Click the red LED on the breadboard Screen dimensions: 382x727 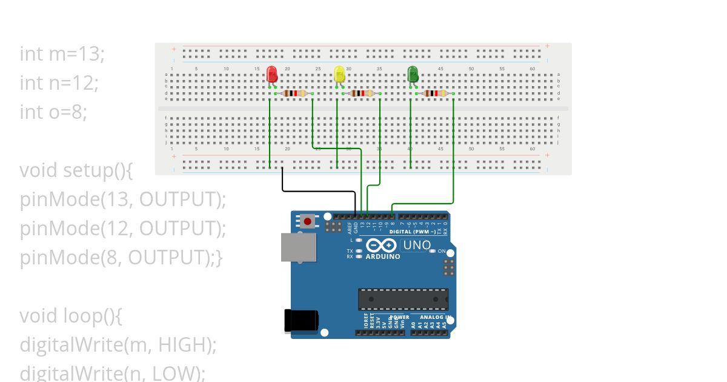pyautogui.click(x=273, y=75)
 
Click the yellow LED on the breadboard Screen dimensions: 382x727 pyautogui.click(x=340, y=75)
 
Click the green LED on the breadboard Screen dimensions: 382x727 pyautogui.click(x=413, y=75)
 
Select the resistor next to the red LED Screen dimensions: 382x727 pyautogui.click(x=294, y=93)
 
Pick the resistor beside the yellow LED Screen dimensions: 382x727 pyautogui.click(x=362, y=93)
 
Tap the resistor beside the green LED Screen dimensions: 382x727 pyautogui.click(x=435, y=93)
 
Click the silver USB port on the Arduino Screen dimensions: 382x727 pyautogui.click(x=297, y=247)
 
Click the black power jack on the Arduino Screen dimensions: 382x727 pyautogui.click(x=301, y=321)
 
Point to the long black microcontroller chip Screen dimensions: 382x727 pyautogui.click(x=403, y=299)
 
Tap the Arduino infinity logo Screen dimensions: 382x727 pyautogui.click(x=382, y=246)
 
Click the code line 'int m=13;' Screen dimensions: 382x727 pyautogui.click(x=62, y=54)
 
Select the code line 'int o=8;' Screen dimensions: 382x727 pyautogui.click(x=53, y=112)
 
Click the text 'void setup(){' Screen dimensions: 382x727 pyautogui.click(x=76, y=170)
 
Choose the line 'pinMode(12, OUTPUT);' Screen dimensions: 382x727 pyautogui.click(x=123, y=229)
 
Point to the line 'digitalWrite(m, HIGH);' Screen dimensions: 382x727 pyautogui.click(x=118, y=345)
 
